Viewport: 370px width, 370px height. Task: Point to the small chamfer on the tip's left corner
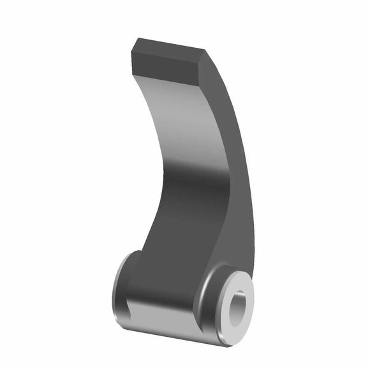point(133,47)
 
